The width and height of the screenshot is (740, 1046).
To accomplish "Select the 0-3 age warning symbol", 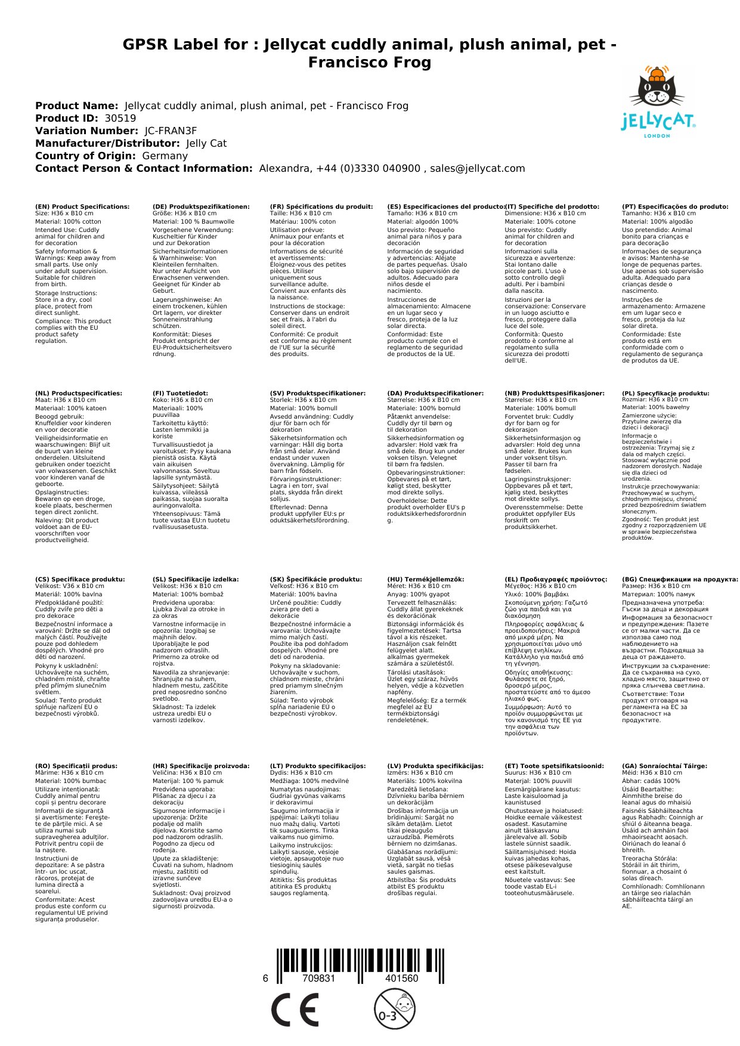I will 394,1009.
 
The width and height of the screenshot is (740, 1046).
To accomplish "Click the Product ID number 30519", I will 120,118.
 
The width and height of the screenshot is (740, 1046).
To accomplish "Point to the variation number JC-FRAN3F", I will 171,131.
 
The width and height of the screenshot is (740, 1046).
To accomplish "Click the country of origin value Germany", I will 165,156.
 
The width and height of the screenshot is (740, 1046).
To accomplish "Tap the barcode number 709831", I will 318,978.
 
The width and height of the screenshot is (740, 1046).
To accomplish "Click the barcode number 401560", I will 401,978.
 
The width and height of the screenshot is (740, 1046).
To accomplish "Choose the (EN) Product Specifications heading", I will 82,207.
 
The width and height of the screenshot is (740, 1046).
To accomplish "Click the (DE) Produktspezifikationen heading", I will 201,207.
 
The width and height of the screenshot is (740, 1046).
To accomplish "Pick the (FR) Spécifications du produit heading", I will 321,207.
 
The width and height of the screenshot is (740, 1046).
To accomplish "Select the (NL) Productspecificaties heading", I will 79,394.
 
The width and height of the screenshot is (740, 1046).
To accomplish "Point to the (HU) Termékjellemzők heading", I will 425,579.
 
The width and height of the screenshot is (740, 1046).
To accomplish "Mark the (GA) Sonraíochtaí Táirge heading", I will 664,766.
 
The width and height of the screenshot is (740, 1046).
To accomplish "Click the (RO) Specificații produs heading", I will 76,766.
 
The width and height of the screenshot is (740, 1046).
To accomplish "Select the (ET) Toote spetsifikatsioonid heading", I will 554,766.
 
